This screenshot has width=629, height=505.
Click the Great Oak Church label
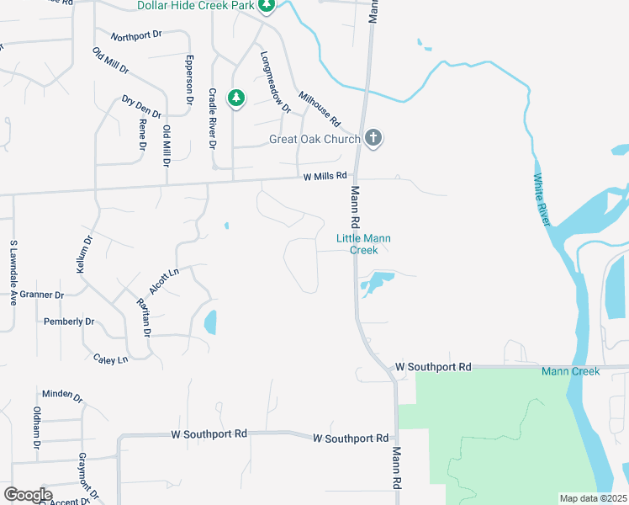tap(314, 140)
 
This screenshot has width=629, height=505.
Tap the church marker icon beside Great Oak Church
tap(374, 138)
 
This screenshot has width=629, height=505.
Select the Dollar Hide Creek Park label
tap(196, 7)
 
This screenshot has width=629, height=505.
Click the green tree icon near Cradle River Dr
tap(237, 98)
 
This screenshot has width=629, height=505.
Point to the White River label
tap(542, 199)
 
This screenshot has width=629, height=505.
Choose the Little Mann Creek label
tap(363, 244)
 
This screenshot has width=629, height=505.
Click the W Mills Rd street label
tap(325, 176)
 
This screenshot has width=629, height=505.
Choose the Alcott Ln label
tap(165, 279)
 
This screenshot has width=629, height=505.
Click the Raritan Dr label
tap(144, 316)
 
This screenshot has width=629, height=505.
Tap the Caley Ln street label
tap(111, 359)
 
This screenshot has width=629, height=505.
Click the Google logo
tap(28, 495)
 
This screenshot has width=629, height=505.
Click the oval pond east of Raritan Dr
tap(210, 322)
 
